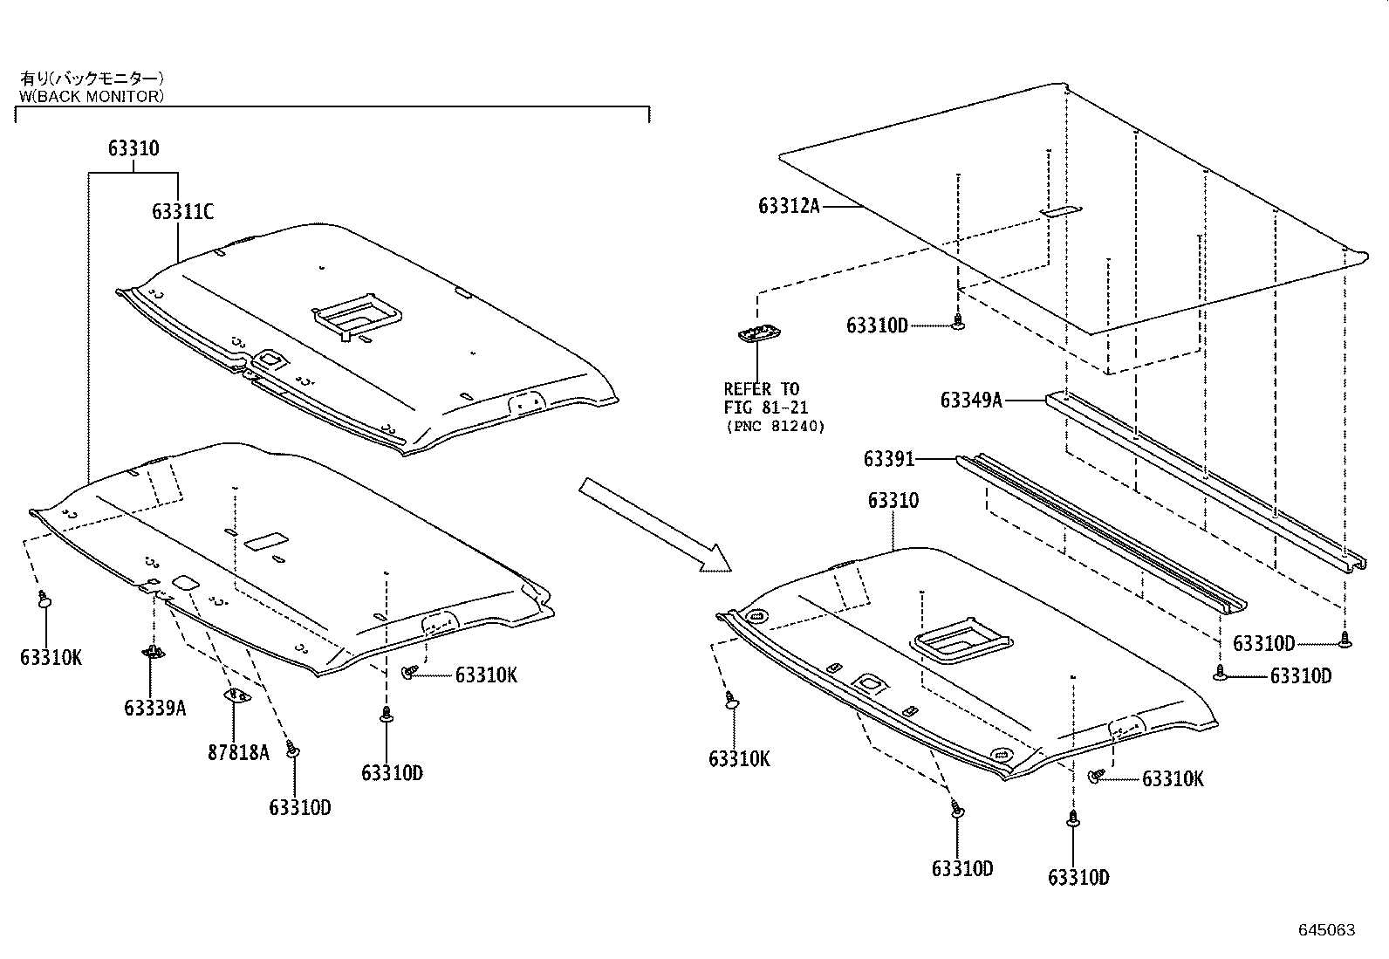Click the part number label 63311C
[x=182, y=212]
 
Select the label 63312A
[x=789, y=206]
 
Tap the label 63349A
[x=971, y=401]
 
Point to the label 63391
[x=889, y=459]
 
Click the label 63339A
[x=154, y=708]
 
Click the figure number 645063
[x=1326, y=930]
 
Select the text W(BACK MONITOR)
[x=91, y=96]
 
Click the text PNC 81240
[x=775, y=427]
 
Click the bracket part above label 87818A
[x=236, y=695]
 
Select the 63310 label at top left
[x=133, y=148]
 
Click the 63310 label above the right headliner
[x=893, y=501]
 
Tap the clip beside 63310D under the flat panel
[x=959, y=323]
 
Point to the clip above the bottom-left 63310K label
[x=44, y=599]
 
